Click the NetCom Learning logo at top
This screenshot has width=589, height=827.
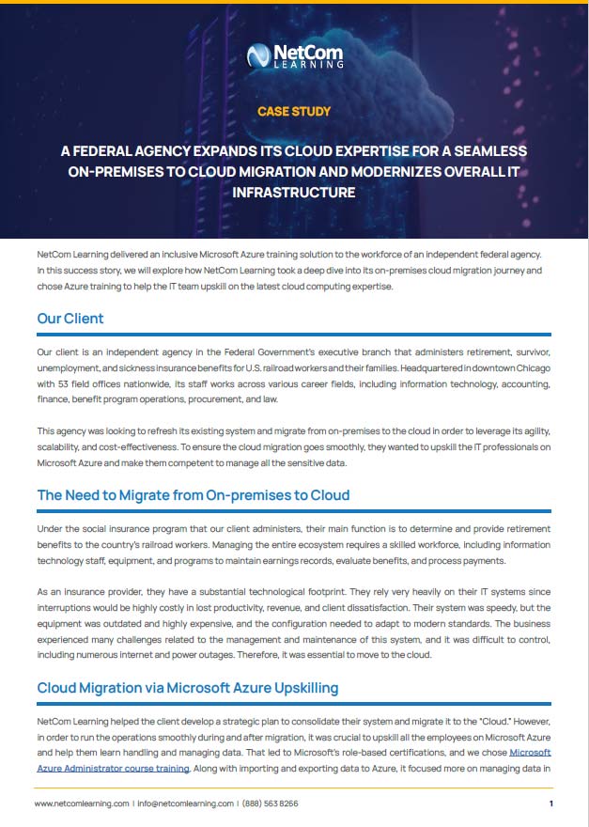coord(294,56)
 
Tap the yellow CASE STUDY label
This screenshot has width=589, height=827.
coord(294,111)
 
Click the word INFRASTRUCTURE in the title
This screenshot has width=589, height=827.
coord(294,192)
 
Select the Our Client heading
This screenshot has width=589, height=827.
coord(70,319)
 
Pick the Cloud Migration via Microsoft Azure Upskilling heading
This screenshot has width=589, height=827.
coord(188,688)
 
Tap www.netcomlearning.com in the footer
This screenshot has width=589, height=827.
coord(82,804)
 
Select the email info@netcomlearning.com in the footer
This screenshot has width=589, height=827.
coord(186,804)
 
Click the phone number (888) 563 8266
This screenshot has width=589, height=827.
coord(271,804)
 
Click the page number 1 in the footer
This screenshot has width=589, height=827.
coord(550,804)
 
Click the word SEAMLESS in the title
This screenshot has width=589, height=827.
coord(488,151)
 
